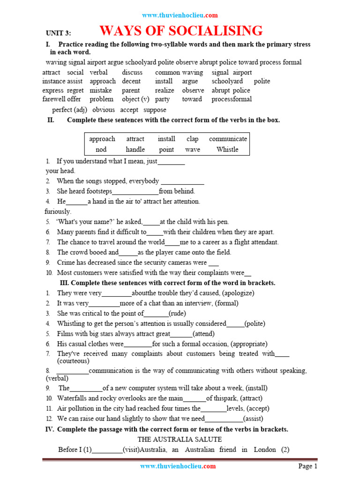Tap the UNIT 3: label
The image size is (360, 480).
coord(58,33)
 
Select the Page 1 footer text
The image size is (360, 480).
coord(308,466)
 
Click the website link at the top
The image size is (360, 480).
coord(180,15)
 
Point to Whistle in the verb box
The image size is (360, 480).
coord(227,150)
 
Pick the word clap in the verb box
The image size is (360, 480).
coord(192,139)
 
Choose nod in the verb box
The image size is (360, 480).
coord(101,150)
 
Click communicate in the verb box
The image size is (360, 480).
coord(228,139)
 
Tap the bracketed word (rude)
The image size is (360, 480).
coord(178,313)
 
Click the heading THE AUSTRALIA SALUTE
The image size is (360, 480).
coord(180,439)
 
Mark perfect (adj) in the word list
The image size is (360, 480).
coord(70,110)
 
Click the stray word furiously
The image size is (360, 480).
coord(58,211)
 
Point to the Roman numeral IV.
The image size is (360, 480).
coord(49,429)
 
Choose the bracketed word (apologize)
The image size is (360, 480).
coord(238,293)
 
